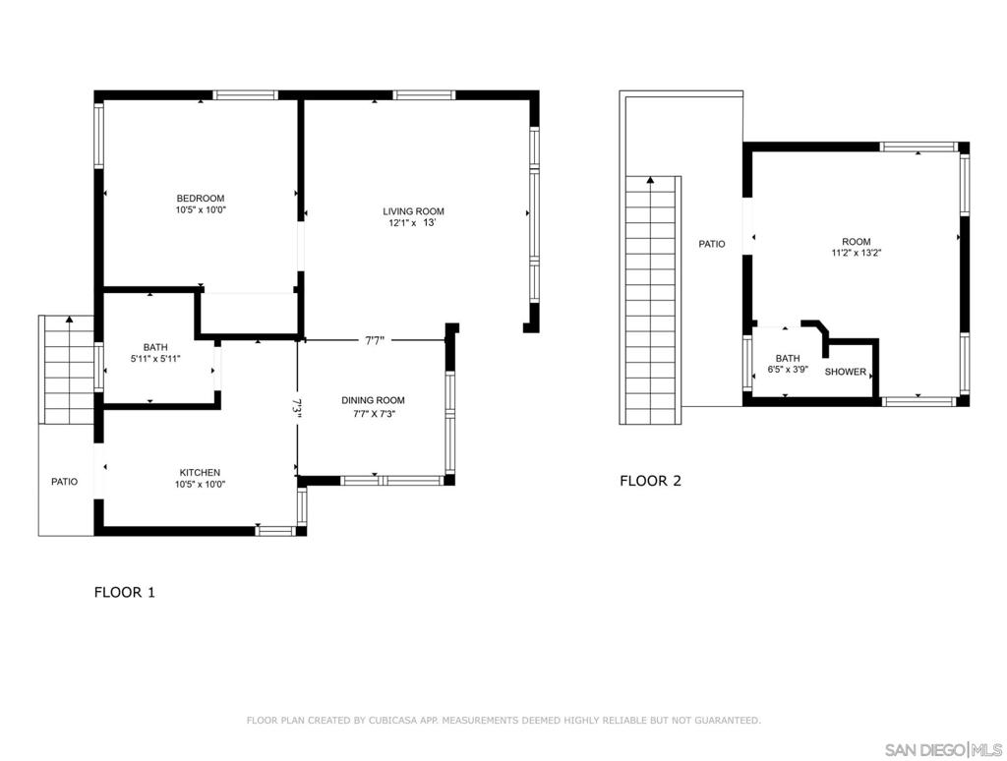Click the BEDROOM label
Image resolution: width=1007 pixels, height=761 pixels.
201,199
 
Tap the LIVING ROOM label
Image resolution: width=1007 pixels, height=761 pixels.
413,211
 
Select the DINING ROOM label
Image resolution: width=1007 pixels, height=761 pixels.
373,400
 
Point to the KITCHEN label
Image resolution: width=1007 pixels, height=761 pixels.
200,473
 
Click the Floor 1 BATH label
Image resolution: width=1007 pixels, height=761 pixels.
155,347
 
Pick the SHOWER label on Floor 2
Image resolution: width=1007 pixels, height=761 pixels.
845,372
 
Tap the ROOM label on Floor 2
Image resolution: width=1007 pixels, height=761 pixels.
857,242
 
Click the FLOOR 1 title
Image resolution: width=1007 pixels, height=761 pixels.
125,592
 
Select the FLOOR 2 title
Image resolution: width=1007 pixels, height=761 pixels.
651,481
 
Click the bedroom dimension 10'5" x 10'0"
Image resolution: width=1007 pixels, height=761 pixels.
201,210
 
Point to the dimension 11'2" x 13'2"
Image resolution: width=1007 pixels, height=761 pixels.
857,253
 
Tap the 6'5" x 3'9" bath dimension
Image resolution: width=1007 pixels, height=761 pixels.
788,370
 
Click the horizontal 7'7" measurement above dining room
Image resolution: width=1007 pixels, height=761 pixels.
375,341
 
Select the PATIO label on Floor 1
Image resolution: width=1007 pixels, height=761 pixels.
64,482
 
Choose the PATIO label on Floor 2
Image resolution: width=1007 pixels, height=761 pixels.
712,244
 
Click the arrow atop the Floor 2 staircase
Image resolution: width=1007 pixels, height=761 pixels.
651,181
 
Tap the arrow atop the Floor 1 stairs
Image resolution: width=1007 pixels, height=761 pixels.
69,320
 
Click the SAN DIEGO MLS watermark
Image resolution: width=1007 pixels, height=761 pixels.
943,749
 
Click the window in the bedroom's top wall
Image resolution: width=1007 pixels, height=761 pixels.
245,95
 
